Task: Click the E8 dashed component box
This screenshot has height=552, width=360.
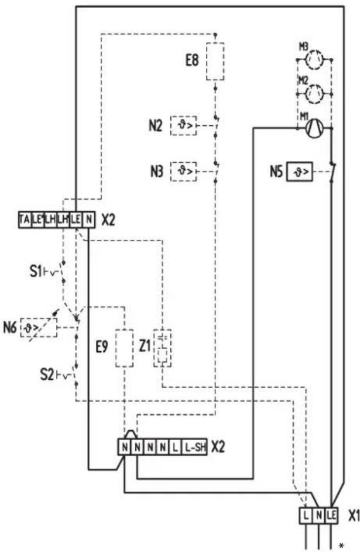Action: [217, 61]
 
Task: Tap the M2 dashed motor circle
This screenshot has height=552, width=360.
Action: [316, 92]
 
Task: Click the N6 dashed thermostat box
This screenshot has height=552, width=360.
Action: [39, 328]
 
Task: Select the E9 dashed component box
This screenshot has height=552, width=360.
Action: [125, 348]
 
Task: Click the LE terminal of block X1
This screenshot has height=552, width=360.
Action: [332, 516]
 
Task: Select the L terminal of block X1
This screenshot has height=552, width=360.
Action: [306, 516]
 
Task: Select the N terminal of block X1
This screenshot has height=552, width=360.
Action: [319, 516]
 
